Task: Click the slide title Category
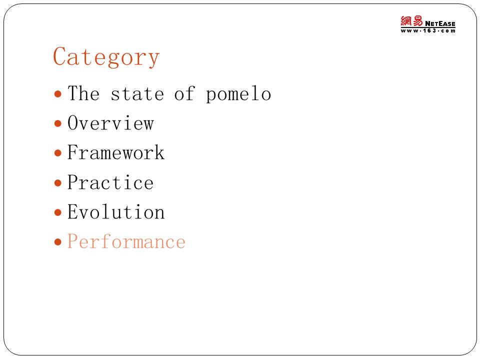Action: pos(106,57)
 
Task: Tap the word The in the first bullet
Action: pos(83,93)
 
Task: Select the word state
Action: pos(137,94)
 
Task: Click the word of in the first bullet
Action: pos(184,93)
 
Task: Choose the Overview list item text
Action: pos(110,123)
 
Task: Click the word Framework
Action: pos(115,152)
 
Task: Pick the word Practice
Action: pos(110,182)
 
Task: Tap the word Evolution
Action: pos(116,211)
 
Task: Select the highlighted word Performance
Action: pos(126,241)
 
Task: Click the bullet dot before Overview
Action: pos(58,123)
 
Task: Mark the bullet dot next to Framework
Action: pos(58,153)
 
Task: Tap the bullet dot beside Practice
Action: pos(58,183)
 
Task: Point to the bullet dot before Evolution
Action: pos(58,212)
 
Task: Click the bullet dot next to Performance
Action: pos(58,242)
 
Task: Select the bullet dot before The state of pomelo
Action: pos(58,93)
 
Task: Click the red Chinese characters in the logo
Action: pos(411,21)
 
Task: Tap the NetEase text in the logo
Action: pos(440,23)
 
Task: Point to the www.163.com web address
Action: pos(428,30)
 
